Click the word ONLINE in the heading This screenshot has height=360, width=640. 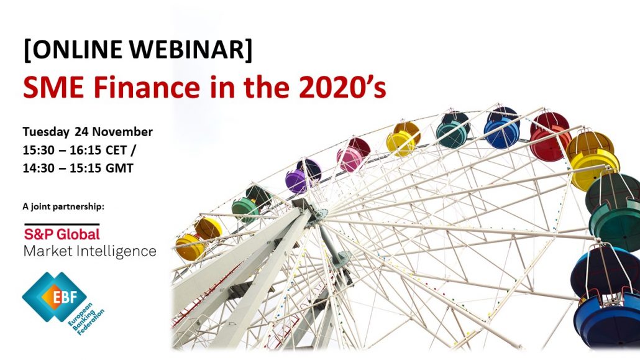point(76,50)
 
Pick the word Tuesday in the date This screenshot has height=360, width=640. point(46,132)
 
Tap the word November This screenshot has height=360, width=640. point(122,132)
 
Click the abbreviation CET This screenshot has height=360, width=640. point(116,150)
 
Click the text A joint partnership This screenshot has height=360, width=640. point(63,207)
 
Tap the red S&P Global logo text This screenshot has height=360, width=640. point(62,234)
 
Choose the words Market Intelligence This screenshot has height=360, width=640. point(90,251)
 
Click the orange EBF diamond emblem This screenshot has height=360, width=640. point(64,297)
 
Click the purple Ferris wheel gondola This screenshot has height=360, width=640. point(303,176)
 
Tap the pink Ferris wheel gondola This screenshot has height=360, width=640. point(353,154)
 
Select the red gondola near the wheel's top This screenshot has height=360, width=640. point(550,137)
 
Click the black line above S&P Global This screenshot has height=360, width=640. point(62,224)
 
